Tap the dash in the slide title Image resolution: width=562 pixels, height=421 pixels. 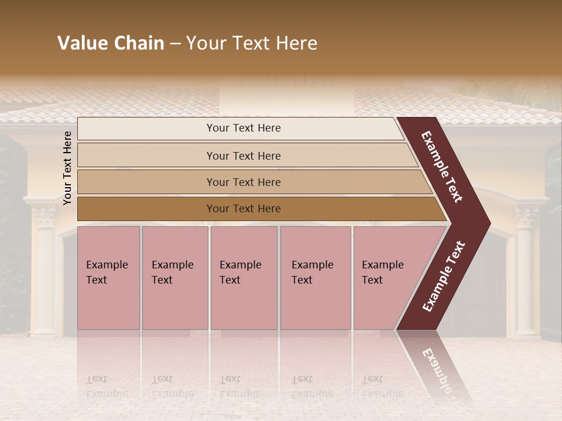coord(175,44)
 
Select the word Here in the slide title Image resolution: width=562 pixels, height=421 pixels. coord(296,43)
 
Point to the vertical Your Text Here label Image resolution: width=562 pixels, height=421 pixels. coord(67,168)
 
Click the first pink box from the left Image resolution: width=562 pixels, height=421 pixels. coord(108,278)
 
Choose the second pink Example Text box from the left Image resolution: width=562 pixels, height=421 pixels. coord(174,278)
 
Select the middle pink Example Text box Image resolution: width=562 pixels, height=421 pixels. coord(244,278)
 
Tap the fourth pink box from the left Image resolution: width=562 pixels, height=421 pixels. coord(315,278)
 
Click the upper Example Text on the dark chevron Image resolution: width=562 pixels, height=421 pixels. coord(442,167)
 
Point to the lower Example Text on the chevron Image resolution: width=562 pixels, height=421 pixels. coord(444,277)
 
